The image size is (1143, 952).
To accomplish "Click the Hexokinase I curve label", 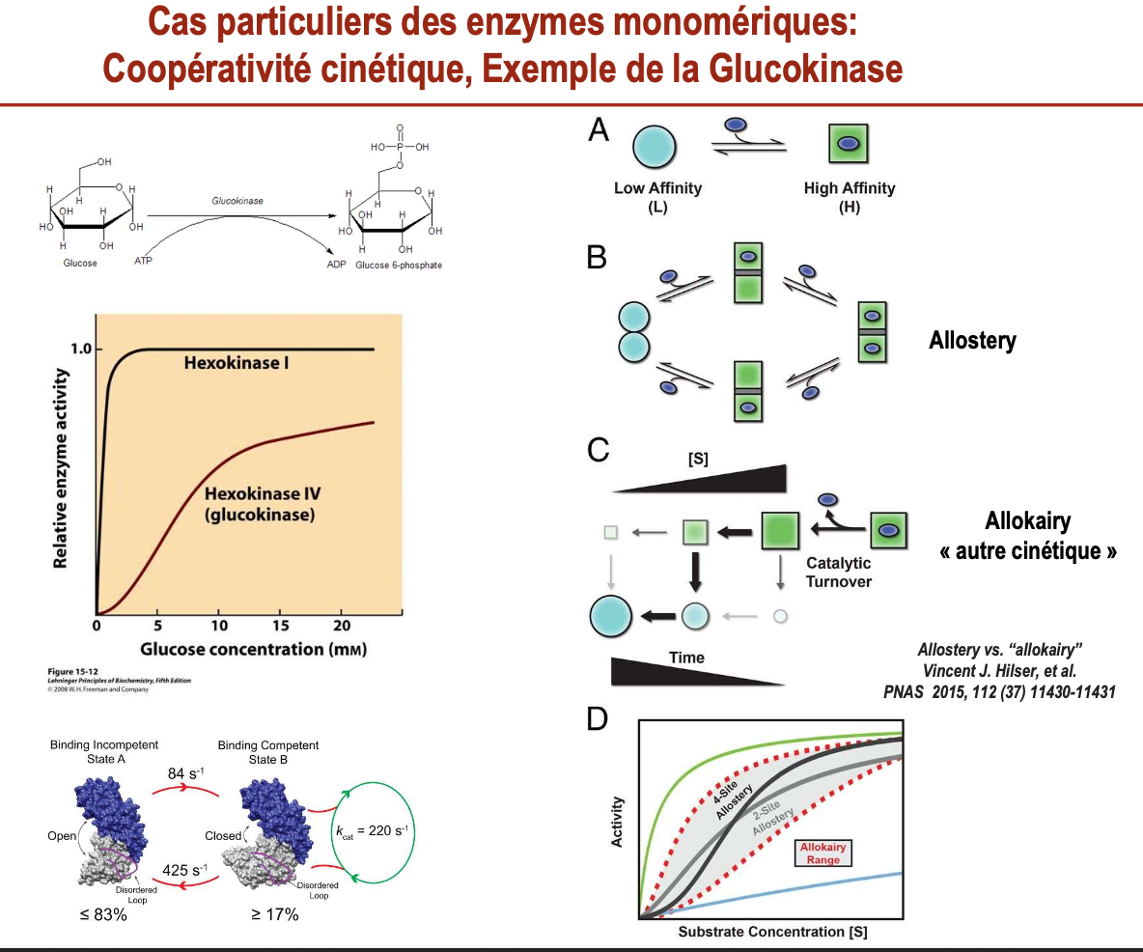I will coord(238,364).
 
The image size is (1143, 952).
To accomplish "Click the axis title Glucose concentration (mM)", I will coord(253,648).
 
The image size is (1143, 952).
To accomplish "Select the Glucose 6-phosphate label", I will coord(399,265).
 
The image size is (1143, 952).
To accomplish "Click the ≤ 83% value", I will coord(105,913).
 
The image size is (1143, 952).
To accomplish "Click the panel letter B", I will coord(597,257).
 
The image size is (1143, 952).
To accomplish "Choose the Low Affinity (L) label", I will coord(657,196).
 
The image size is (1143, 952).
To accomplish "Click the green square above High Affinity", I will coord(849,144).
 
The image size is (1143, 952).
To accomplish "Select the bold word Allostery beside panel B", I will coord(972,341).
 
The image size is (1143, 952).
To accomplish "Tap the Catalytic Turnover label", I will coord(838,572).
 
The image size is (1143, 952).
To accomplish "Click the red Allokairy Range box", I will coord(823,853).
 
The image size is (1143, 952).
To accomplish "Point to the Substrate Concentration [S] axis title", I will coord(772,932).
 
